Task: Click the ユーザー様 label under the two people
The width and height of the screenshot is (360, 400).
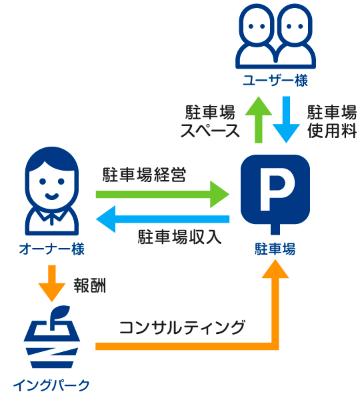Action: click(275, 80)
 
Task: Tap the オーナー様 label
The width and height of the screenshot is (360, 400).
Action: click(52, 249)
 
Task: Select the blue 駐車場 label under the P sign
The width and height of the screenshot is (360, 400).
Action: click(275, 249)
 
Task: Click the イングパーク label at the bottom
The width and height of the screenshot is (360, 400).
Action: click(51, 385)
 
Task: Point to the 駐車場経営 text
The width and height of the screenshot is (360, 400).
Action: click(145, 175)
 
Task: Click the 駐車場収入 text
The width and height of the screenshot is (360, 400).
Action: click(179, 237)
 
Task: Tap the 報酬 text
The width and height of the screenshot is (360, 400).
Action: click(89, 285)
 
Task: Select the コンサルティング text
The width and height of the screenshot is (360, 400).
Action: click(182, 327)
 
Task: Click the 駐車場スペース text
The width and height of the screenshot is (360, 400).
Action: click(210, 121)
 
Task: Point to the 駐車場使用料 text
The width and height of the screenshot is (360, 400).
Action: click(332, 121)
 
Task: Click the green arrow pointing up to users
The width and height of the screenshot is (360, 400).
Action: click(259, 119)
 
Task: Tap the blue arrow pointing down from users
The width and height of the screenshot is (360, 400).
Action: click(286, 119)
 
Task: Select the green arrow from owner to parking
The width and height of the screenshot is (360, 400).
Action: click(163, 195)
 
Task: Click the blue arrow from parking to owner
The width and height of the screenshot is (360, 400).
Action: click(163, 219)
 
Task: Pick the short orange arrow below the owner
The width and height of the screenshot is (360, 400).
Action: click(52, 283)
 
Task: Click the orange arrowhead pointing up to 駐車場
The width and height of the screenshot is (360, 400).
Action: click(275, 269)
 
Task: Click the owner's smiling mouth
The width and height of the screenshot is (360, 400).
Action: click(52, 197)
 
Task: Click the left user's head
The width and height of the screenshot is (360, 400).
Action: click(257, 26)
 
